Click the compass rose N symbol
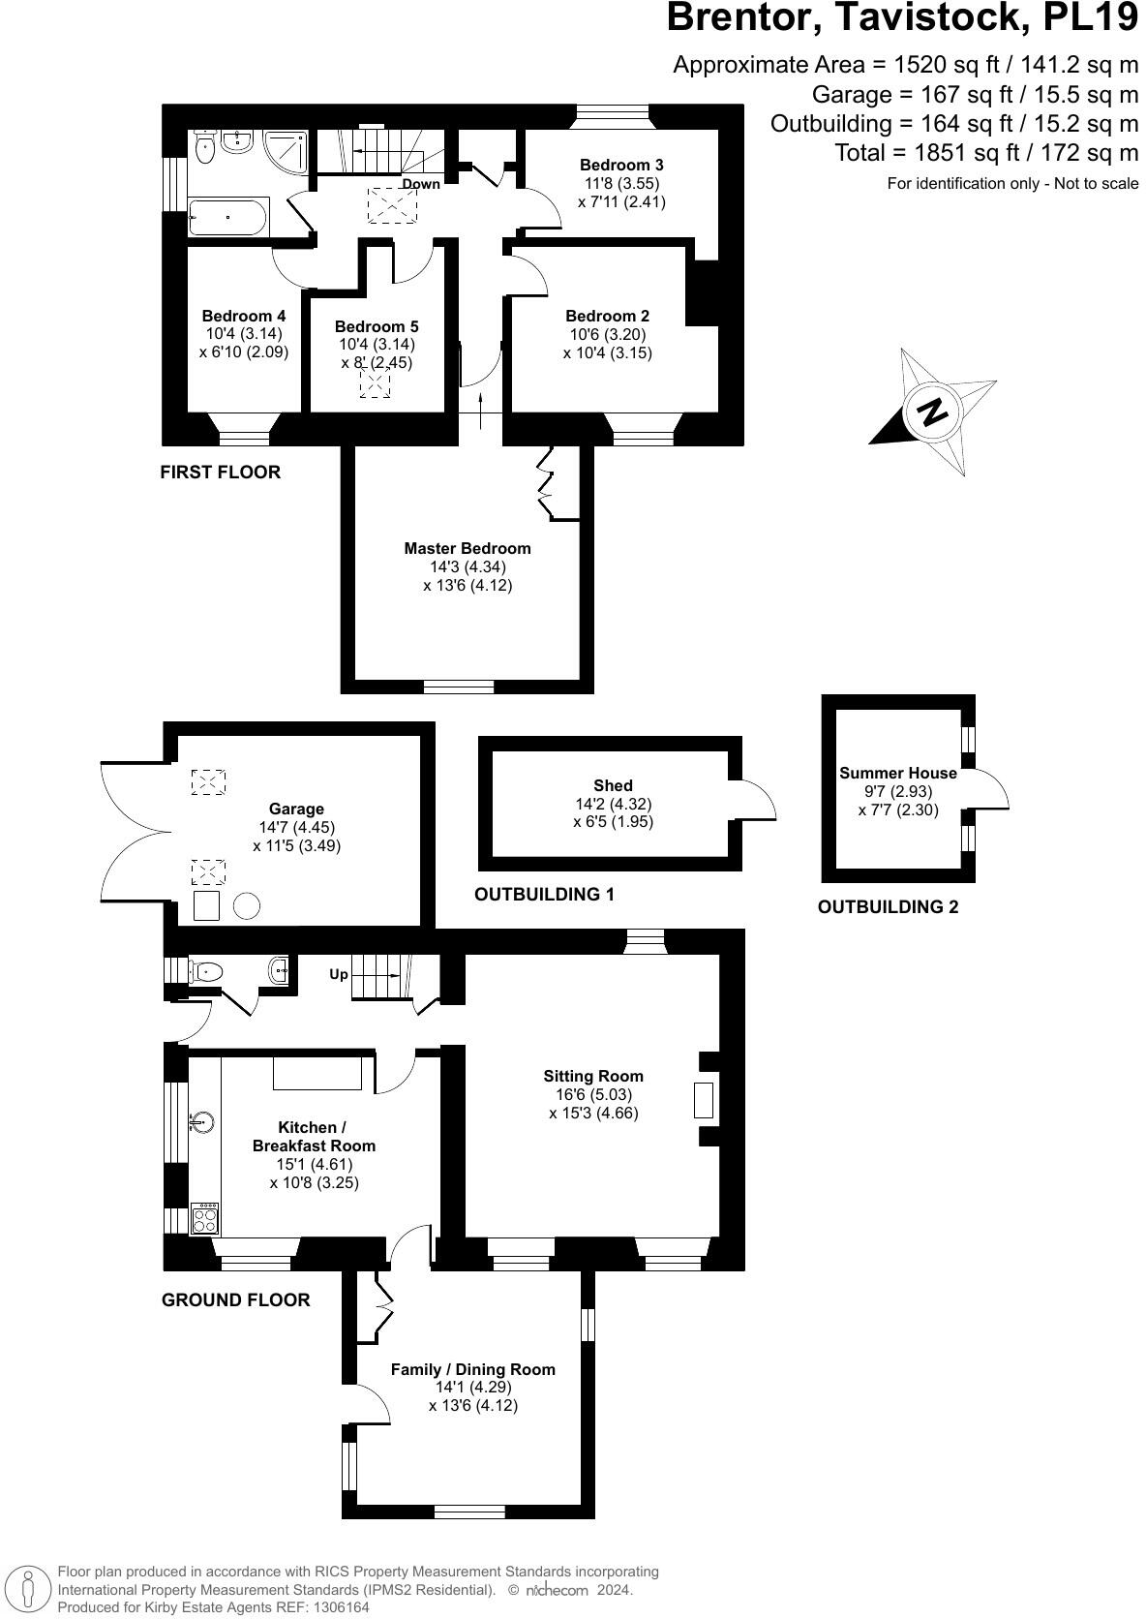(933, 412)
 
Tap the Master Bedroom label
(467, 548)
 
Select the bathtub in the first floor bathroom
(228, 217)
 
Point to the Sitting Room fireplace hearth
(704, 1100)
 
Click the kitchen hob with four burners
(205, 1217)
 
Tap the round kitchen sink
(202, 1122)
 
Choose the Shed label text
(613, 785)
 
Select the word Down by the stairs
(421, 184)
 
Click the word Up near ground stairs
(339, 974)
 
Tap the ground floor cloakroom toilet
(206, 971)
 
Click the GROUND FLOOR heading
(235, 1299)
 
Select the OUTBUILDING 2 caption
(888, 907)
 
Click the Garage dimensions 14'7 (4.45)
(296, 827)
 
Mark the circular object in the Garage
(247, 906)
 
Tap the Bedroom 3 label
(621, 165)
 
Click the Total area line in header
(986, 152)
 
